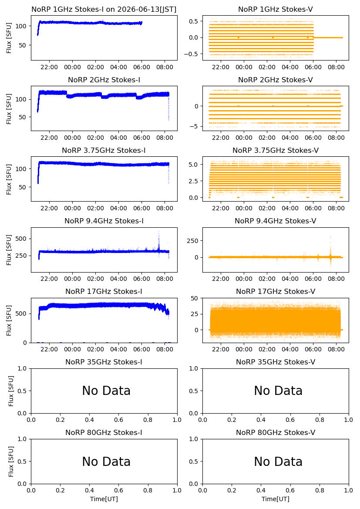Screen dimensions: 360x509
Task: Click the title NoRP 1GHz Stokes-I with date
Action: coord(104,10)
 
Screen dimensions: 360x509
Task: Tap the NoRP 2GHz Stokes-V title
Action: coord(276,80)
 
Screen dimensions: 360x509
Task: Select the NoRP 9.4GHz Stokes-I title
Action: coord(104,221)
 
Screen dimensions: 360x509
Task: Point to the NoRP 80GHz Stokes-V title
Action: coord(276,432)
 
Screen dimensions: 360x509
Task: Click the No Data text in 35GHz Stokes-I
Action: coord(106,391)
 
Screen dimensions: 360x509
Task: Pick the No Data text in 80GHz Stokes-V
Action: coord(278,462)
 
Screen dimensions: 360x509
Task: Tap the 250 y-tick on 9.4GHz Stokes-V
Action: coord(192,241)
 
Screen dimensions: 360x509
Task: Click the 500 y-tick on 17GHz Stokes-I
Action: coord(22,313)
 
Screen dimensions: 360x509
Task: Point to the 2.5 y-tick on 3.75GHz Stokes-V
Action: coord(194,181)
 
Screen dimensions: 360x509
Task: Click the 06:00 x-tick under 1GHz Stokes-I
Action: coord(142,67)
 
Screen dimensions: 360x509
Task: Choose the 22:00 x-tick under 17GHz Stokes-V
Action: coord(221,349)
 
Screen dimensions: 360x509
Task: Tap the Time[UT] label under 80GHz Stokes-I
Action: coord(104,499)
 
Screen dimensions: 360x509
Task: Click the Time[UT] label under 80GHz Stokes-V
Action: coord(276,499)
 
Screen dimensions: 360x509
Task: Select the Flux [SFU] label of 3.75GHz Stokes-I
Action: coord(9,179)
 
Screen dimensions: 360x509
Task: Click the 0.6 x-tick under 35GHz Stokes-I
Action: coord(119,420)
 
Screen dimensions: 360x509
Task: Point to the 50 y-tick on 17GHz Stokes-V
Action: coord(195,298)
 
